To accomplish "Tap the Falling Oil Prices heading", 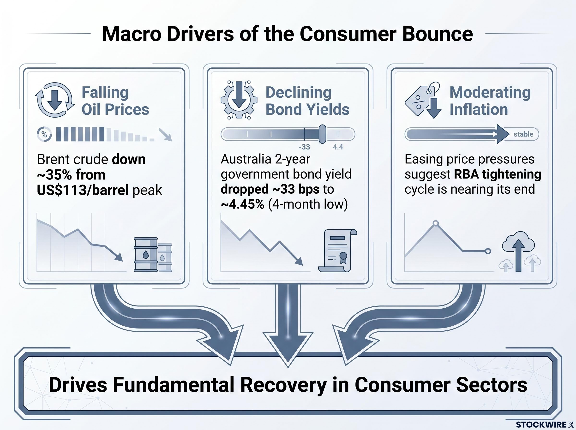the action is (x=115, y=101).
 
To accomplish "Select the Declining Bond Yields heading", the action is (x=307, y=101).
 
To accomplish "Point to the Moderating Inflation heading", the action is (x=490, y=101).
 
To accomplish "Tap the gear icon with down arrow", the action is (x=239, y=100).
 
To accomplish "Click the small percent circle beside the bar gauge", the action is (x=44, y=135).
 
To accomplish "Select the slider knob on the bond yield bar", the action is (x=323, y=134).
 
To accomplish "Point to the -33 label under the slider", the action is (x=304, y=147).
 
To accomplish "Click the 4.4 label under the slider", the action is (x=338, y=147).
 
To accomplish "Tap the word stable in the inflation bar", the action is (x=523, y=134).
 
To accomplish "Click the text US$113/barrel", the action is (x=83, y=190).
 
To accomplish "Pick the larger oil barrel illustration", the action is (x=146, y=255).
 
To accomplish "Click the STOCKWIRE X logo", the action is (x=545, y=424).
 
